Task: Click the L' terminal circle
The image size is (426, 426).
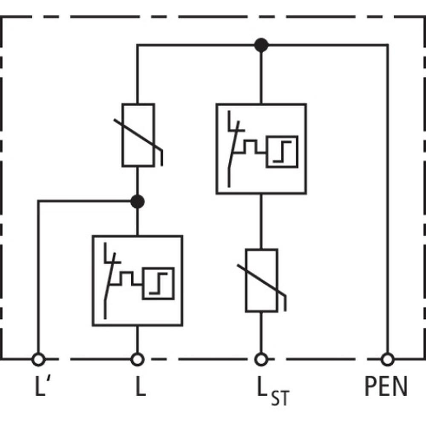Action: (x=38, y=359)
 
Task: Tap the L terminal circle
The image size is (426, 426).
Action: (x=137, y=359)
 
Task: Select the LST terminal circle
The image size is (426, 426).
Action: (x=261, y=359)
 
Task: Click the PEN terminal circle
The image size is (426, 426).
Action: (x=387, y=359)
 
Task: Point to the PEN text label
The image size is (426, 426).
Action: (x=386, y=386)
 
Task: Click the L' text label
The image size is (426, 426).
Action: (x=42, y=386)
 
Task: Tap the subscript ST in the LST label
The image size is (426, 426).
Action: (x=281, y=398)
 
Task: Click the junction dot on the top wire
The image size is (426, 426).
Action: (x=261, y=45)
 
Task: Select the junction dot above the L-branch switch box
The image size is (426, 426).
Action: (x=137, y=201)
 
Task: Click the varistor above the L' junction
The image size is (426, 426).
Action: (x=138, y=135)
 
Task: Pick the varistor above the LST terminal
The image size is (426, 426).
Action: (x=262, y=280)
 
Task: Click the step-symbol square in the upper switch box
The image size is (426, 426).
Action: (x=282, y=152)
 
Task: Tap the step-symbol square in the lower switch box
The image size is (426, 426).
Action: (x=158, y=284)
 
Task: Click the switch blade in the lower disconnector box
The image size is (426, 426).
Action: (x=109, y=286)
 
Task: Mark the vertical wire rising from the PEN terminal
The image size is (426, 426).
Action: (x=387, y=199)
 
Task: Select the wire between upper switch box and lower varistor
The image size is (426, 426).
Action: (x=261, y=221)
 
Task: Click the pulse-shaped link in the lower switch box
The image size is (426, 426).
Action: (x=126, y=279)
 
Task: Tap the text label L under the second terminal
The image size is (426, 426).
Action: (x=141, y=386)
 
